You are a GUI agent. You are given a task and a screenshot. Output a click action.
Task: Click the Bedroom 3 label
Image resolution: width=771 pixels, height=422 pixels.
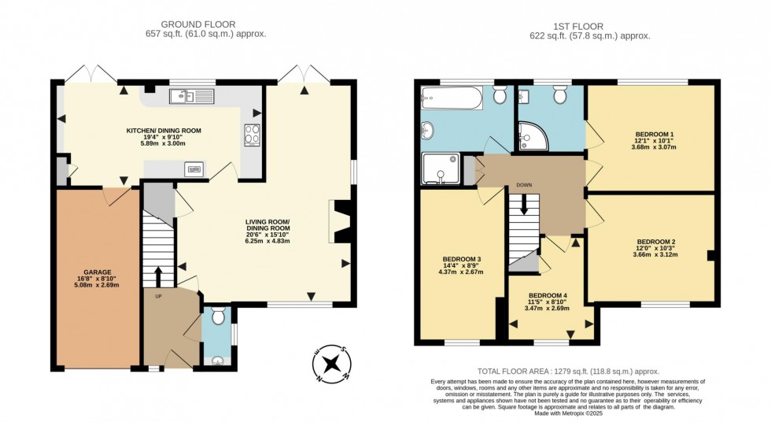click(462, 265)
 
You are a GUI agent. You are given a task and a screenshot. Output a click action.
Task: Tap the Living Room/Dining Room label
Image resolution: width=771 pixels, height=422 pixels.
click(267, 231)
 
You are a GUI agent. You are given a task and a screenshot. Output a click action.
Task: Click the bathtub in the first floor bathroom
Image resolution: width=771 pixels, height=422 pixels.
click(448, 98)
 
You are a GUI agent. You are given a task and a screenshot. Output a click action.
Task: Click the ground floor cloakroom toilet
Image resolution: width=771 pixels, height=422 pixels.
click(218, 316)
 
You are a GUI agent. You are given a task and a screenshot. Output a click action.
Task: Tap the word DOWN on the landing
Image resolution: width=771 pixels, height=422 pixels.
click(524, 186)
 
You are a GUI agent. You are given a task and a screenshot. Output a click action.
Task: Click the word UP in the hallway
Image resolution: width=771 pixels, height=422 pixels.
click(157, 297)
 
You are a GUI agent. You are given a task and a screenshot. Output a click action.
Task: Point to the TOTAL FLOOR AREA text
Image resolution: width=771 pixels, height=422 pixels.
click(569, 371)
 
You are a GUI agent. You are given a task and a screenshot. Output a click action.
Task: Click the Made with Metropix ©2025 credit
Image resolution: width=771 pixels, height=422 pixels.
click(568, 413)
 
